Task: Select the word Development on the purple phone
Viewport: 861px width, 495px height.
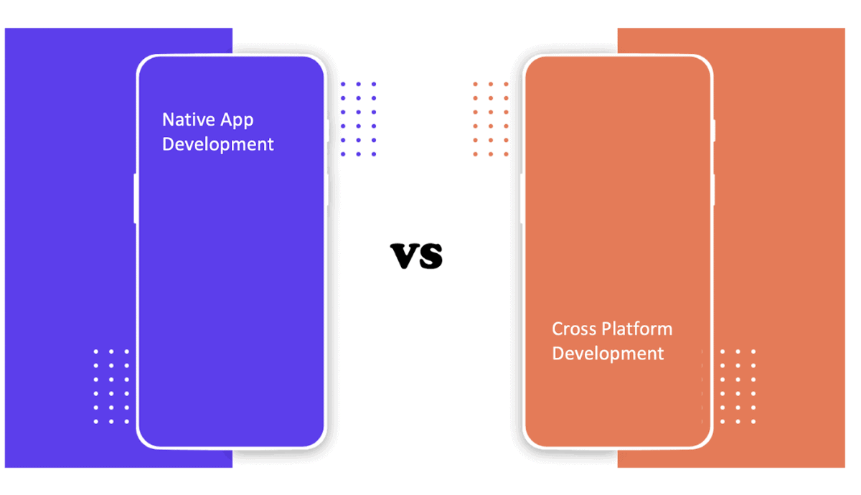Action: tap(217, 144)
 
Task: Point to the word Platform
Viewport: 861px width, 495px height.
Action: tap(636, 329)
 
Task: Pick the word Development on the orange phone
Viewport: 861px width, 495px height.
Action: tap(608, 354)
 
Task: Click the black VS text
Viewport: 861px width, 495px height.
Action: tap(417, 255)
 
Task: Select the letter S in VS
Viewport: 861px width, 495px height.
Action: tap(431, 256)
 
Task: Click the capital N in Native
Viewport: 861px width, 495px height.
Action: tap(169, 119)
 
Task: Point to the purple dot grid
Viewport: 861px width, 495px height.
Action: tap(358, 119)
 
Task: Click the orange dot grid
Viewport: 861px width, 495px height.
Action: tap(491, 119)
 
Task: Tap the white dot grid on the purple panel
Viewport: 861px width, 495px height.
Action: tap(111, 386)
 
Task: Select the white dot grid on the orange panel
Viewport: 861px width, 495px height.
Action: tap(738, 386)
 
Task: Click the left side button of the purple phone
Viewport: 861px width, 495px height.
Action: tap(135, 198)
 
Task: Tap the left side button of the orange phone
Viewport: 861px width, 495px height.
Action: tap(522, 198)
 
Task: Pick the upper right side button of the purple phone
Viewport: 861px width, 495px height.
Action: tap(328, 131)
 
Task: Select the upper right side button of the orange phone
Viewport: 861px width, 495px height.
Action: tap(715, 131)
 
